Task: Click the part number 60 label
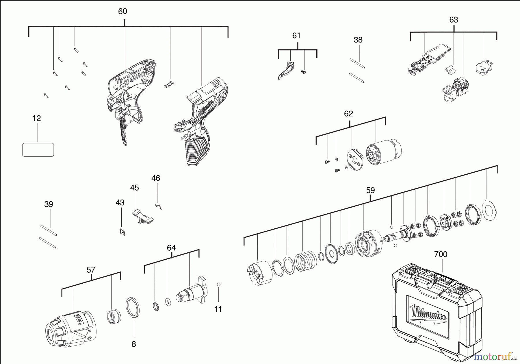pyautogui.click(x=122, y=12)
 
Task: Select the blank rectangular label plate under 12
pyautogui.click(x=38, y=150)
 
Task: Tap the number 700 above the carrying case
pyautogui.click(x=441, y=254)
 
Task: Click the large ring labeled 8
pyautogui.click(x=133, y=307)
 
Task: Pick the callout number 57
pyautogui.click(x=91, y=270)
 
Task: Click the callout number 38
pyautogui.click(x=358, y=40)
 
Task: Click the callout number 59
pyautogui.click(x=370, y=191)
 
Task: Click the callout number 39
pyautogui.click(x=49, y=204)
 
